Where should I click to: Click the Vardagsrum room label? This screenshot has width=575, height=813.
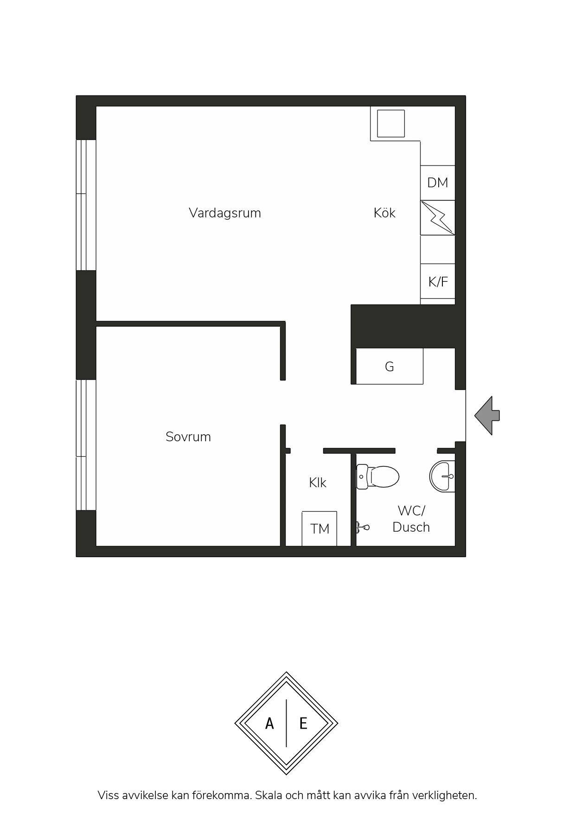225,213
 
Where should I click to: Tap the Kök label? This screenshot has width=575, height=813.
384,213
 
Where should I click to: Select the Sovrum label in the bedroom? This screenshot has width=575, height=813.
188,437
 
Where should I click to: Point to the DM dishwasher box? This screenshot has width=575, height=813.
438,183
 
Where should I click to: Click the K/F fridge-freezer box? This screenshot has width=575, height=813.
438,281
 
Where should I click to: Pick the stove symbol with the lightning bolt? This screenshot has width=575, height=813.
438,218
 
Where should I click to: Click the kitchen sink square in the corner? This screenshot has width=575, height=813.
391,124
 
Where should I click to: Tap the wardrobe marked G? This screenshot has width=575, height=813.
389,366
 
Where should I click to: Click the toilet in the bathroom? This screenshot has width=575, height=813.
377,476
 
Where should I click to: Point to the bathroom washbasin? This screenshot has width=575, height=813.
442,476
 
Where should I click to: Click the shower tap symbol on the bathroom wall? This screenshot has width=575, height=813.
362,527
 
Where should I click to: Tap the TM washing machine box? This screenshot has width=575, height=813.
319,528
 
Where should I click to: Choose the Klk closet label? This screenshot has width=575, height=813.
318,483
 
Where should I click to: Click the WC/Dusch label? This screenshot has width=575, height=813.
411,519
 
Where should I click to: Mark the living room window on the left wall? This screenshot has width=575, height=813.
86,205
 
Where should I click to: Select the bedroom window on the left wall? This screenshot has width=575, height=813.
86,445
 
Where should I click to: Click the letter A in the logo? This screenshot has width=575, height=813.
269,723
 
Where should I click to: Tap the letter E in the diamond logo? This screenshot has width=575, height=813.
303,723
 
